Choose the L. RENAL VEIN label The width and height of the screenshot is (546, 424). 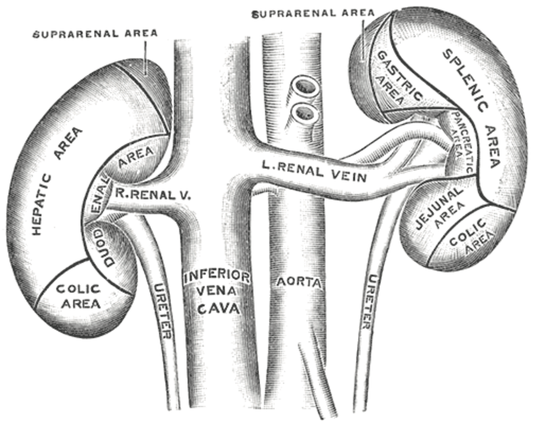coord(314,172)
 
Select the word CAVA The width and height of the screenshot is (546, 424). coord(217,309)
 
